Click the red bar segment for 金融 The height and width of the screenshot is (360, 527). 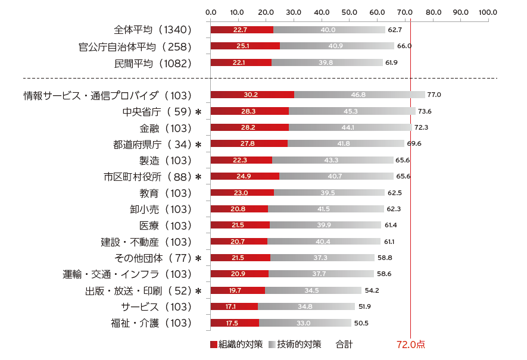(250, 127)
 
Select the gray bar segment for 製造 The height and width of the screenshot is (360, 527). (332, 160)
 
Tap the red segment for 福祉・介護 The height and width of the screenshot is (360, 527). (235, 323)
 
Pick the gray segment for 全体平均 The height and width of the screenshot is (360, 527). (329, 30)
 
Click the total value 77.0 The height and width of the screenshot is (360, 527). (434, 95)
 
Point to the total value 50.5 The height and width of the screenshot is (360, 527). (361, 323)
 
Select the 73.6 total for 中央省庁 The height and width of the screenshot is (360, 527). (425, 111)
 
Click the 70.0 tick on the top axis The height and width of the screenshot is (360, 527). (405, 12)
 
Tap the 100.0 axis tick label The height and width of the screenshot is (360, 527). (488, 12)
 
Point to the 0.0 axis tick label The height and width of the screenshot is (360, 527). (211, 12)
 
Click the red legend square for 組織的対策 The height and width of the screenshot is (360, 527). (214, 345)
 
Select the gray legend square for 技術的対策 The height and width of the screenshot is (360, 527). (272, 345)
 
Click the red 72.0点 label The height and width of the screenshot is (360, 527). (410, 345)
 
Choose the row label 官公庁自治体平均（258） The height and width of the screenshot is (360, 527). (135, 46)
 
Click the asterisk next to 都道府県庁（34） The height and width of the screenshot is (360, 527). (198, 144)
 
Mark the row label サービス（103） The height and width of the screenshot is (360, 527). (156, 306)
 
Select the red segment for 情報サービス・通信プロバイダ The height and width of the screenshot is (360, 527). (252, 95)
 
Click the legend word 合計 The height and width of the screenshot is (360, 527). (344, 345)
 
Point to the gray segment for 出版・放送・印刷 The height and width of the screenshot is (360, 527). (313, 290)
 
